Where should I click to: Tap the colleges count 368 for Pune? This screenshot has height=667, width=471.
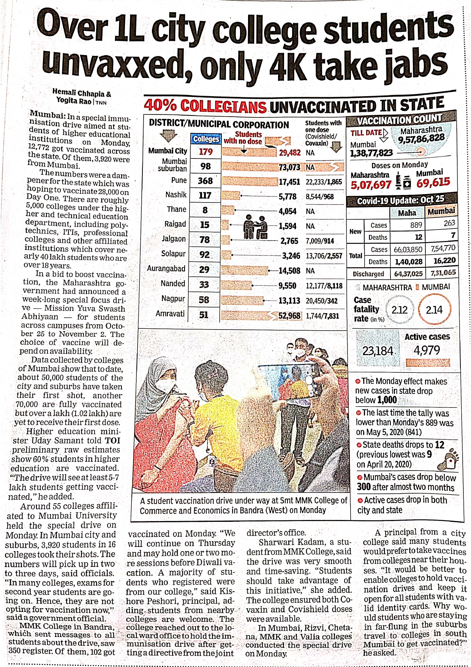pos(205,181)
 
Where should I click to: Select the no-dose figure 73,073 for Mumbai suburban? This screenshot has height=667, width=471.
pos(289,167)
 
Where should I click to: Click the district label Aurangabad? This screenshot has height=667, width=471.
pos(166,268)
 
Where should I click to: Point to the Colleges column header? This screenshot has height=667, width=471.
pos(206,139)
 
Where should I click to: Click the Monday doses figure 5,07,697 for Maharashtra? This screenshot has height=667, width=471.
pos(371,185)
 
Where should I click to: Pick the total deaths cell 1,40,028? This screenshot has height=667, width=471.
pos(409,261)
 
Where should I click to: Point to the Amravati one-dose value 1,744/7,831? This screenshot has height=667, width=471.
pos(322,316)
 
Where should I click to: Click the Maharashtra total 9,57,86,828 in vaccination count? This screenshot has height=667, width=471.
pos(421,138)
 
